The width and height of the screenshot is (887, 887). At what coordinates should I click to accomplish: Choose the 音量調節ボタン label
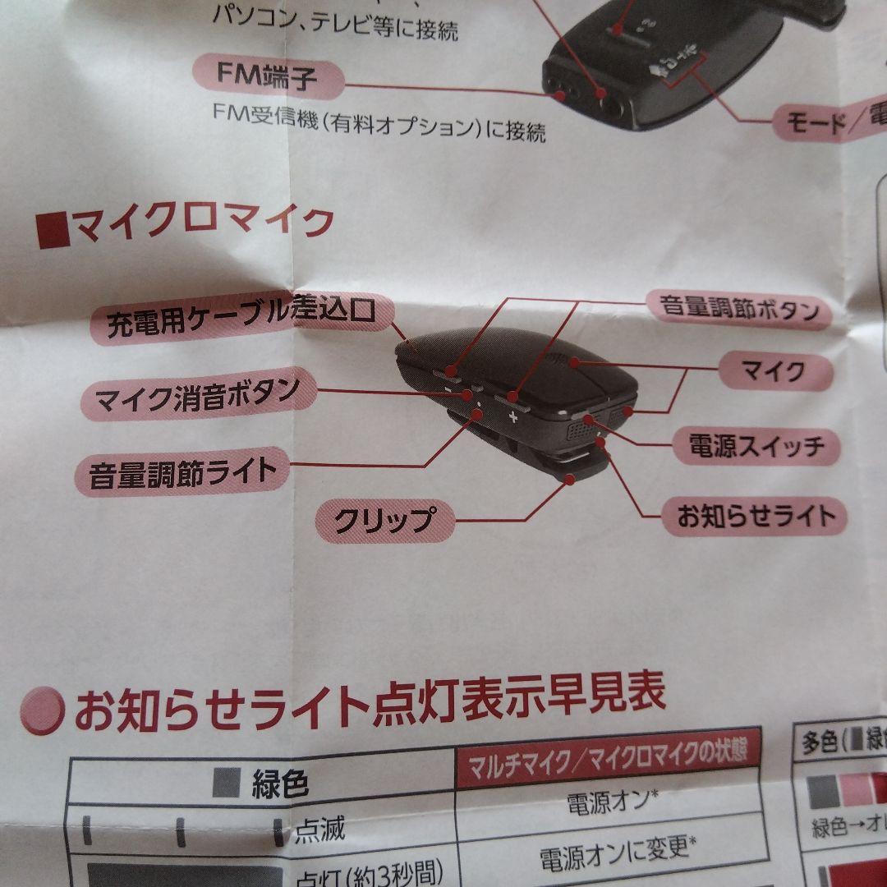coord(739,310)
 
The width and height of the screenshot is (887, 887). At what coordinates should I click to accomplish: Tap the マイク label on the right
coord(773,372)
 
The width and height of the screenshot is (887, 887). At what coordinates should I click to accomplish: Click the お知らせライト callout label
coord(756,515)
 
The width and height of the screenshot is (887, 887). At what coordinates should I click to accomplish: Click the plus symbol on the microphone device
coord(514,416)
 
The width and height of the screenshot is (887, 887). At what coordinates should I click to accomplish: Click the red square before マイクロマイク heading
coord(53,229)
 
